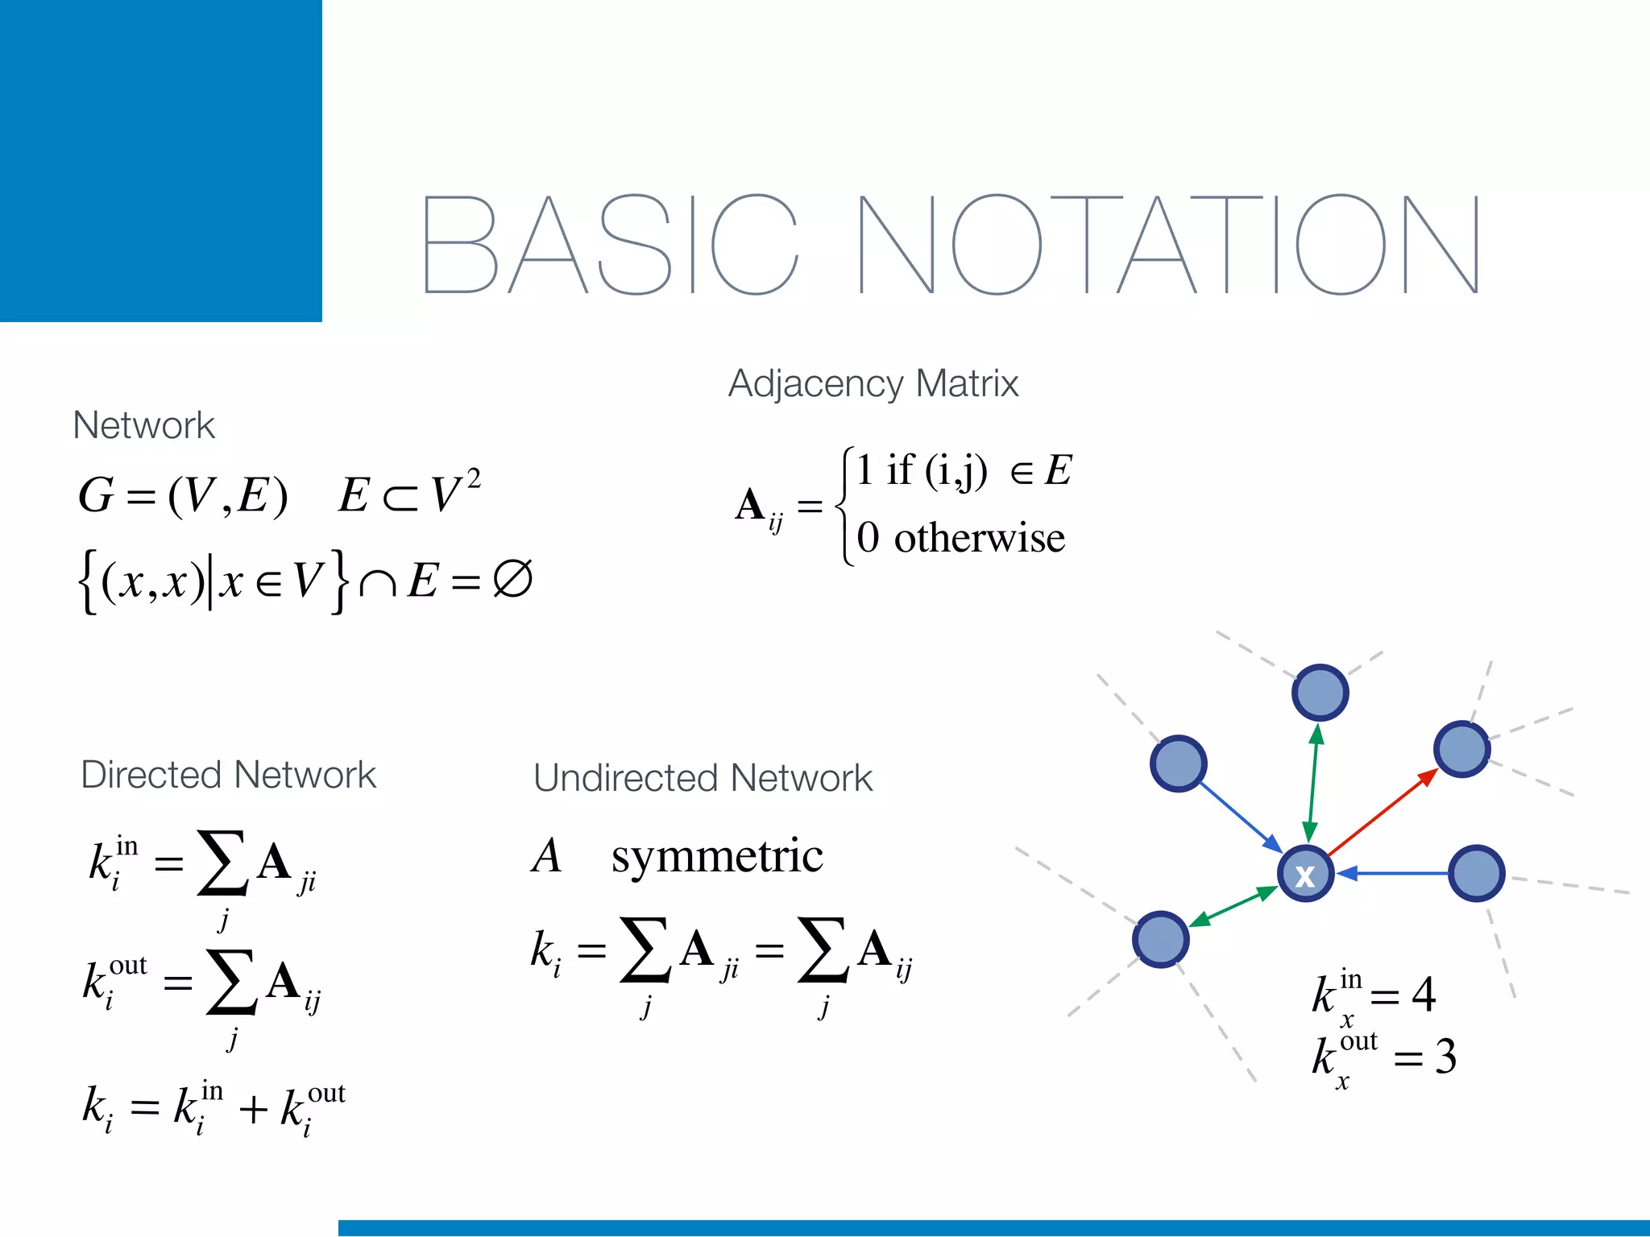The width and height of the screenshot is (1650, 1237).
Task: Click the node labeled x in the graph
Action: coord(1305,875)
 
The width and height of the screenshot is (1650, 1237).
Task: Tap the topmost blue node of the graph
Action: coord(1320,693)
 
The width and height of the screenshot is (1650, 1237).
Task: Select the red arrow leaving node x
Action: coord(1383,813)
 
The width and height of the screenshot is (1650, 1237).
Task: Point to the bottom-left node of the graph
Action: coord(1160,939)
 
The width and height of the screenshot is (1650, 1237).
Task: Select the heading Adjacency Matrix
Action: coord(873,384)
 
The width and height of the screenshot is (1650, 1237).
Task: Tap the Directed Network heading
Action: coord(228,776)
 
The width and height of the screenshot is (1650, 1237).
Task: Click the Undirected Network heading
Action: coord(703,779)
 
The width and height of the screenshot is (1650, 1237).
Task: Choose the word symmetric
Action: coord(716,856)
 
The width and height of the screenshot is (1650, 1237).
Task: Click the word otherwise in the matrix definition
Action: coord(979,538)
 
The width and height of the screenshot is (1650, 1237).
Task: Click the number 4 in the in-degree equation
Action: coord(1424,995)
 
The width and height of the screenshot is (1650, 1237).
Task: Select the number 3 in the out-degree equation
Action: coord(1445,1057)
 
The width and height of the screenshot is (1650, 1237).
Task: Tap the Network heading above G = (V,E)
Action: coord(143,425)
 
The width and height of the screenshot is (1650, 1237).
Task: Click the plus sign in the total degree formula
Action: coord(252,1109)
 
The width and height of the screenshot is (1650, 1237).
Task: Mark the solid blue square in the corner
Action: coord(161,161)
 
